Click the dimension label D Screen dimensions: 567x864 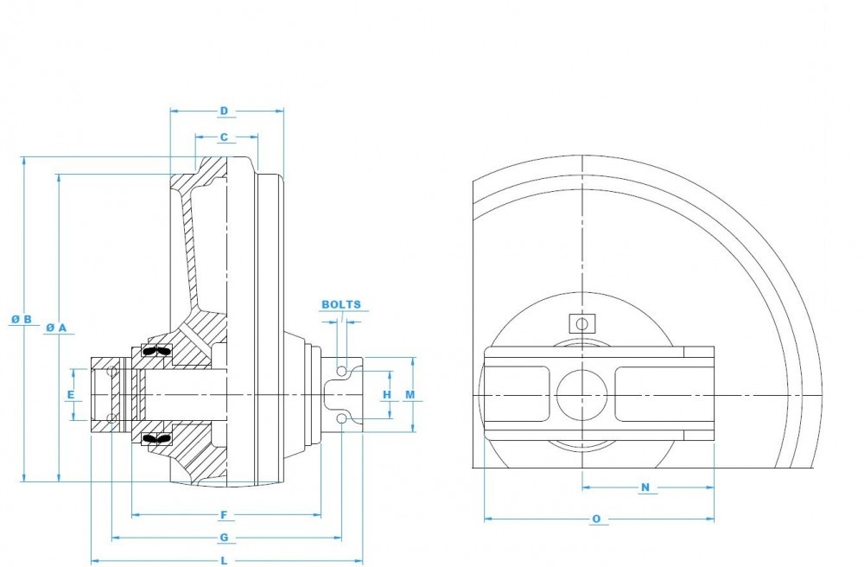[224, 111]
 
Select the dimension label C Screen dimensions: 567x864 [224, 137]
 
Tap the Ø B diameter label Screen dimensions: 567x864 [22, 320]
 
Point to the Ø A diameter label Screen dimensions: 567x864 [56, 328]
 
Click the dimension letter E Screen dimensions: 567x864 [71, 395]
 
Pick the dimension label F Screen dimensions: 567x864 [224, 515]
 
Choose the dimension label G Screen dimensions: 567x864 [224, 538]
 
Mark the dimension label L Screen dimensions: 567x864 [224, 561]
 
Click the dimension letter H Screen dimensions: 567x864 [387, 395]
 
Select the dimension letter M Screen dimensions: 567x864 [410, 395]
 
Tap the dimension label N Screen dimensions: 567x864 [645, 487]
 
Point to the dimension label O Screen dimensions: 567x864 [596, 519]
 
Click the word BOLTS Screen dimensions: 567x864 [341, 305]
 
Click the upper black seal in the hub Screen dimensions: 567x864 [156, 351]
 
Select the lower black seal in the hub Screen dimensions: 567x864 [156, 439]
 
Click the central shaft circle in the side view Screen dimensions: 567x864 [582, 395]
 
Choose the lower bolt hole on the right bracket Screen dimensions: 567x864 [342, 419]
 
